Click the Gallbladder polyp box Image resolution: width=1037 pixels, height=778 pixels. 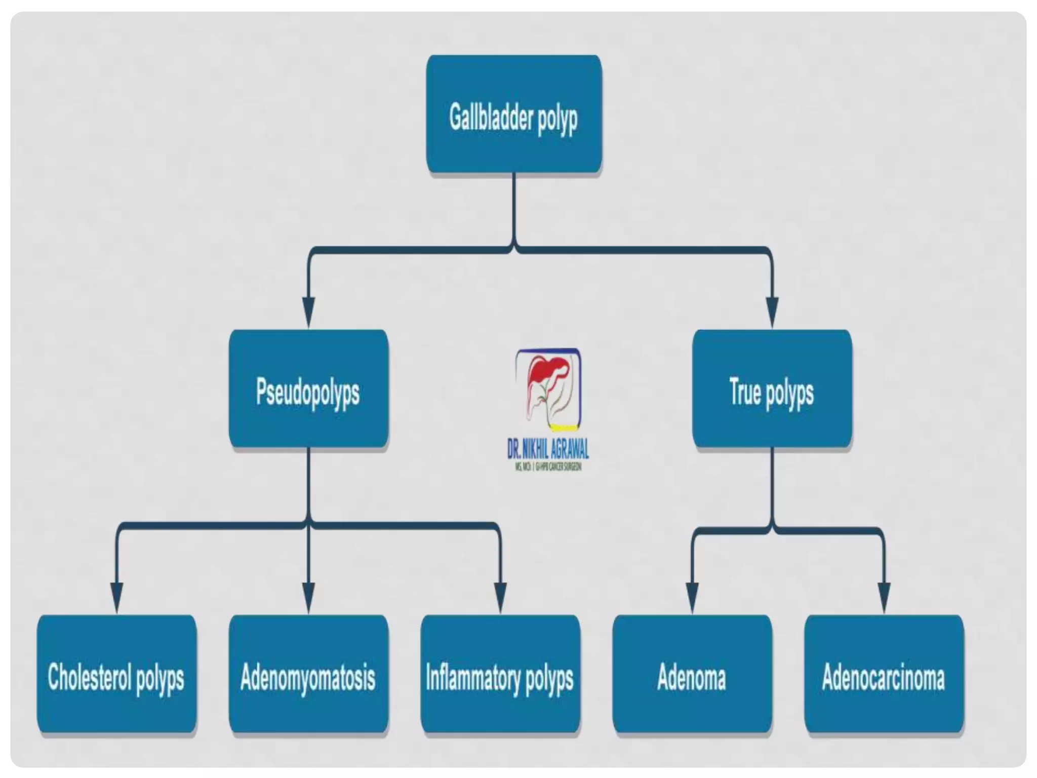pyautogui.click(x=513, y=114)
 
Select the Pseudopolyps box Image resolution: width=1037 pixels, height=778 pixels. pyautogui.click(x=308, y=388)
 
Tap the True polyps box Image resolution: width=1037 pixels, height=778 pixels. pyautogui.click(x=772, y=388)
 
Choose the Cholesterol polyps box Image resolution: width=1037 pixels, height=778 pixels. pyautogui.click(x=116, y=674)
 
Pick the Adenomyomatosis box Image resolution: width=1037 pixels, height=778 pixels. pyautogui.click(x=308, y=674)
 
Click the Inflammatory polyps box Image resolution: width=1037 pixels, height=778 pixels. pyautogui.click(x=500, y=674)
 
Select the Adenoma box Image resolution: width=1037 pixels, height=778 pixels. pyautogui.click(x=692, y=674)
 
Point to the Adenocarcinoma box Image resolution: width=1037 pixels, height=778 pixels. pyautogui.click(x=884, y=674)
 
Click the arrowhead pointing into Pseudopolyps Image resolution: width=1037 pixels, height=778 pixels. pyautogui.click(x=308, y=312)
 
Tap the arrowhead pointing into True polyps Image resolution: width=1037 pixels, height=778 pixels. pyautogui.click(x=772, y=312)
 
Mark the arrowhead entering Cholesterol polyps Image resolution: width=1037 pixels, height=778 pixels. pyautogui.click(x=116, y=597)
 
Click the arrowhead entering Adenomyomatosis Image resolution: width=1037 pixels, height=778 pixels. pyautogui.click(x=308, y=597)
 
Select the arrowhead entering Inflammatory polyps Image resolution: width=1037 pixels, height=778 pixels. pyautogui.click(x=500, y=597)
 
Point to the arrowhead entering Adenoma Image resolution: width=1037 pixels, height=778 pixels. pyautogui.click(x=692, y=597)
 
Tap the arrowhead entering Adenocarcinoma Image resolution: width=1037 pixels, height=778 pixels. pyautogui.click(x=884, y=597)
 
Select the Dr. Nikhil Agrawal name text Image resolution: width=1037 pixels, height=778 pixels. pyautogui.click(x=548, y=448)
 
